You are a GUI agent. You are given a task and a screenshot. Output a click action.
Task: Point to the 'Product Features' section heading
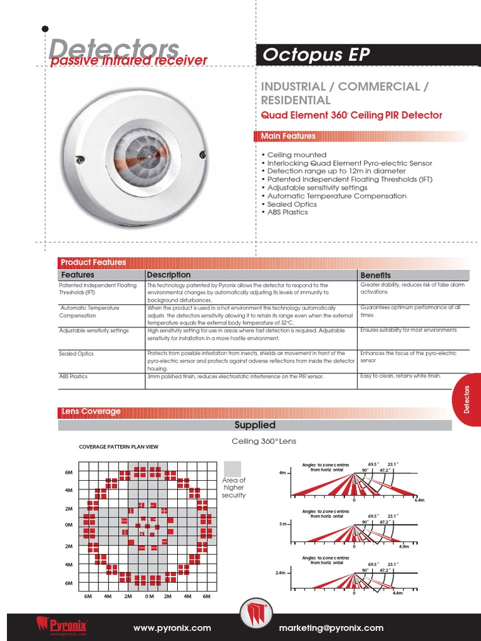pyautogui.click(x=93, y=262)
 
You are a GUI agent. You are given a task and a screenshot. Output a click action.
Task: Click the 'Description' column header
pyautogui.click(x=168, y=275)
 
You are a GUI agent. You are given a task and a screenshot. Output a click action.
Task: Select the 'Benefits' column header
pyautogui.click(x=375, y=275)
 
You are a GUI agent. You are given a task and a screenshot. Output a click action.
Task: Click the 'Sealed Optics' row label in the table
pyautogui.click(x=76, y=354)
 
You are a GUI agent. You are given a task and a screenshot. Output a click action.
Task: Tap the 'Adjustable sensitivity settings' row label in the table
pyautogui.click(x=94, y=331)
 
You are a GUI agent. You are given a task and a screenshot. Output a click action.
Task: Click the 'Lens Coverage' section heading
pyautogui.click(x=91, y=411)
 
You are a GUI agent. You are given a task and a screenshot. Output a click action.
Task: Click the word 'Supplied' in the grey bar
pyautogui.click(x=254, y=425)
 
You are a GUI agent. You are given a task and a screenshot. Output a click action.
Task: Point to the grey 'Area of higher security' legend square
pyautogui.click(x=232, y=468)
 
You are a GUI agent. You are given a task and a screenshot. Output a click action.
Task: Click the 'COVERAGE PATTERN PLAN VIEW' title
pyautogui.click(x=118, y=446)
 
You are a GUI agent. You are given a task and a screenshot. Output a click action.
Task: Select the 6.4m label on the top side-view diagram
pyautogui.click(x=419, y=501)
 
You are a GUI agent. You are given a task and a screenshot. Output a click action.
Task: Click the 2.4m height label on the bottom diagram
pyautogui.click(x=280, y=573)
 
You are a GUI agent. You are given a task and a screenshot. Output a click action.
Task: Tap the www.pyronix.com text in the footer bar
pyautogui.click(x=172, y=628)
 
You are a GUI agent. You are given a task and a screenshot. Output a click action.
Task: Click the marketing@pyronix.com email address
pyautogui.click(x=339, y=628)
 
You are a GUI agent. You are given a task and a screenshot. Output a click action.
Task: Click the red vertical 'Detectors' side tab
pyautogui.click(x=467, y=400)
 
